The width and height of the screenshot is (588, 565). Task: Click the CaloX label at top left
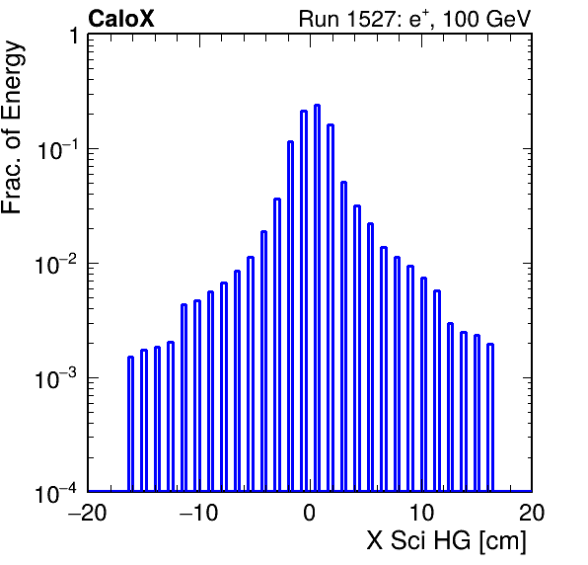(121, 19)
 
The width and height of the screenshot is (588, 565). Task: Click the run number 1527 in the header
(371, 19)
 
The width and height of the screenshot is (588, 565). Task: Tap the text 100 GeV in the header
(486, 19)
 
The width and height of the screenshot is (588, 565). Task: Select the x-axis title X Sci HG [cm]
(446, 541)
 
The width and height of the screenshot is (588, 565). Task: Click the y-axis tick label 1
(74, 36)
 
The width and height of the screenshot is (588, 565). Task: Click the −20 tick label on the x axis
(88, 513)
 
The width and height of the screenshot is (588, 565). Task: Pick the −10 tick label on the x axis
(198, 513)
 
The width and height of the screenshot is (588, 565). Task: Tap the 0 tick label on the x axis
(310, 513)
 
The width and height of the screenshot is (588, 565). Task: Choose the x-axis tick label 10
(421, 513)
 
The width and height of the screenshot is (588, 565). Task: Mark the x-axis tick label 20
(532, 513)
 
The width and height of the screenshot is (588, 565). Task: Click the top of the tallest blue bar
(317, 106)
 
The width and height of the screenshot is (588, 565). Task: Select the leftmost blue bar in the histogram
(130, 424)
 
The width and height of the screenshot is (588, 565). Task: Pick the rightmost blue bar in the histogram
(490, 418)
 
